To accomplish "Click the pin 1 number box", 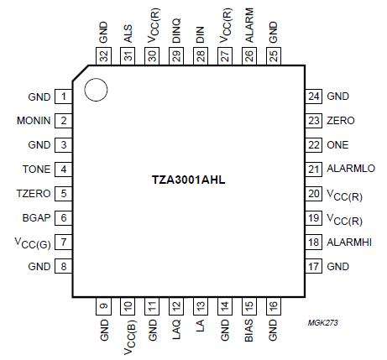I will (x=64, y=97).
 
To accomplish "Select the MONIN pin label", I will (x=32, y=121).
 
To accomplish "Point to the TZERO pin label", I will (x=34, y=194).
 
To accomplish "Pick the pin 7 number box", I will (x=64, y=243).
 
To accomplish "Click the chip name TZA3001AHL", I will (x=188, y=180).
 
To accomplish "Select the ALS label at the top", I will (x=128, y=34).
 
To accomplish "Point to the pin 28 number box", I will (x=201, y=56).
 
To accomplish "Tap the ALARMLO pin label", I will (x=351, y=170).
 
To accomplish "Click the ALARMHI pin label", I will (x=349, y=243).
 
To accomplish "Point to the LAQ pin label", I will (x=176, y=331).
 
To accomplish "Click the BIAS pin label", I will (x=249, y=333).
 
